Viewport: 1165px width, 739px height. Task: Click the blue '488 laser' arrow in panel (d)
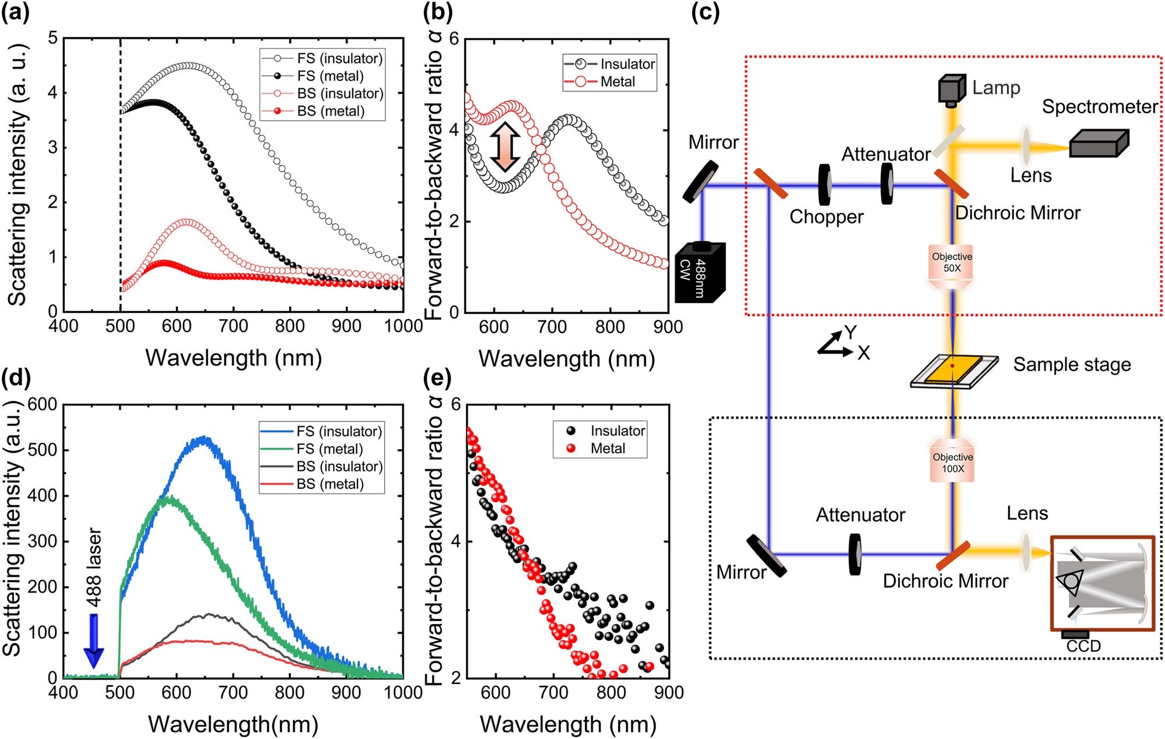93,640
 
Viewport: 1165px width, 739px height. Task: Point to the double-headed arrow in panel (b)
504,147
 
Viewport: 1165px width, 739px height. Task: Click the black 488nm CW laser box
700,272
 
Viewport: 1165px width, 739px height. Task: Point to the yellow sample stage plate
952,369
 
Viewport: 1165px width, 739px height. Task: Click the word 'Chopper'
826,217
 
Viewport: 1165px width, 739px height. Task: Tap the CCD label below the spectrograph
1083,646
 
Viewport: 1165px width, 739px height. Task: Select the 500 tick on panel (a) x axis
120,325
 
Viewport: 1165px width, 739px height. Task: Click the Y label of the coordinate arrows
851,332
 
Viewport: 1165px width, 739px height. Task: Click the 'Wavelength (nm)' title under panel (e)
568,724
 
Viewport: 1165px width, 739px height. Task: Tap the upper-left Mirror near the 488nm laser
701,181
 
